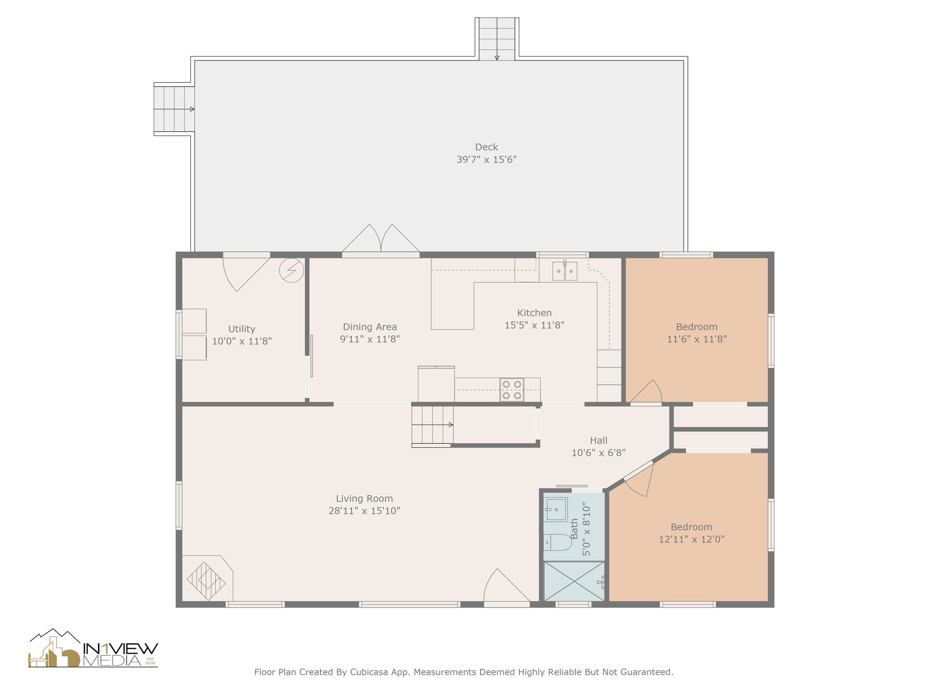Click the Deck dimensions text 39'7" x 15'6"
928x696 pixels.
pos(486,159)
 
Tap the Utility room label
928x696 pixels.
pos(242,329)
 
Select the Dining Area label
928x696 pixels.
pos(370,327)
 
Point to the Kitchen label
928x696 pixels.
pos(534,313)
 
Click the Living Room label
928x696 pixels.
pos(364,498)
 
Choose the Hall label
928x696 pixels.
pos(599,440)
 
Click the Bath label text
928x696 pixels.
pos(574,529)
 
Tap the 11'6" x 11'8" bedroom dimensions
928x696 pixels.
pos(696,339)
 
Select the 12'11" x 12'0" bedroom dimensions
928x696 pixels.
pos(691,539)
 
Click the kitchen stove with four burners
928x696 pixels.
pos(512,390)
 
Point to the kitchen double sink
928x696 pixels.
pos(565,271)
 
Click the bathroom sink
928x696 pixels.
pos(556,510)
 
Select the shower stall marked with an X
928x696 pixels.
pos(574,581)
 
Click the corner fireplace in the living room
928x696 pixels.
pos(207,579)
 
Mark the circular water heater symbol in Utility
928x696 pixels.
pos(291,271)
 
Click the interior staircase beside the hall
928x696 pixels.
pos(432,425)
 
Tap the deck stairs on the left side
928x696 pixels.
pos(174,109)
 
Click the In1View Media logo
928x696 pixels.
pos(93,648)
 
